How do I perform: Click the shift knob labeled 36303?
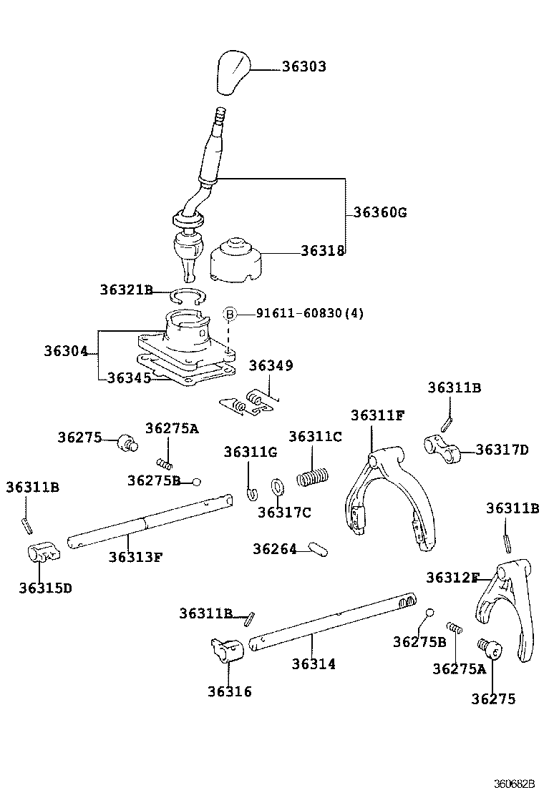coord(232,71)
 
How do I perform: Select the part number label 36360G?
coord(379,212)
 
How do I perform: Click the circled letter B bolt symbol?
coord(229,314)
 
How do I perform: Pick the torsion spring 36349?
coord(251,403)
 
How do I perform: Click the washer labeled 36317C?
coord(278,488)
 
